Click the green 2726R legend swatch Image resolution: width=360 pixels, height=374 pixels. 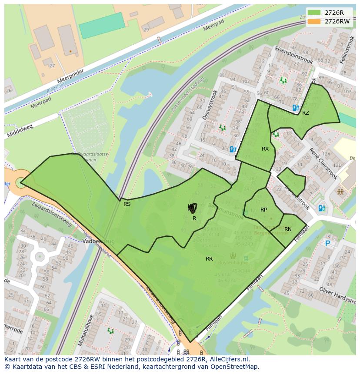click(314, 13)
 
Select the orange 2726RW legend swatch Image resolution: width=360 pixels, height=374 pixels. click(314, 21)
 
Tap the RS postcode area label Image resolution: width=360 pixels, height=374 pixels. click(127, 204)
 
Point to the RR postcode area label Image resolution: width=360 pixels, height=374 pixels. click(209, 259)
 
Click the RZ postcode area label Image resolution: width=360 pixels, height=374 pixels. click(306, 113)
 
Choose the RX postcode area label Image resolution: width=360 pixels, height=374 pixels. click(265, 149)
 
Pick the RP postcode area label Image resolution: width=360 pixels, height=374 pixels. click(263, 210)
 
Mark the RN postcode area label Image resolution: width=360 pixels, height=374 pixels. click(288, 229)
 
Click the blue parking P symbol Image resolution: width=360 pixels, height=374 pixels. click(328, 244)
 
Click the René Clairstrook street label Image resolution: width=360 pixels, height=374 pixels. click(323, 163)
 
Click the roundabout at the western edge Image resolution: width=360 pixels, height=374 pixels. click(20, 183)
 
